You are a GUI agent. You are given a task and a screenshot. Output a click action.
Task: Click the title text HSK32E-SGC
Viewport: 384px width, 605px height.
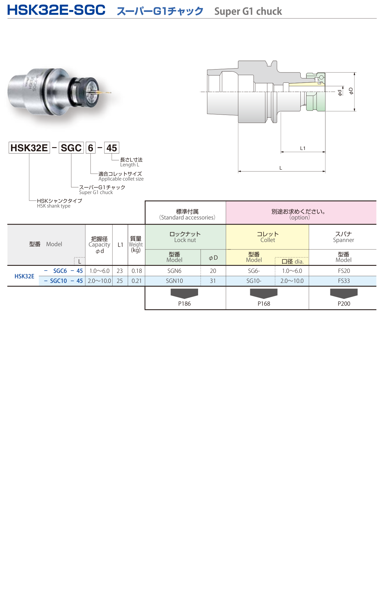[x=56, y=10]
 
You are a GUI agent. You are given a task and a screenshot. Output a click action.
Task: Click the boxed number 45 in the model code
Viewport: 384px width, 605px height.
[x=112, y=148]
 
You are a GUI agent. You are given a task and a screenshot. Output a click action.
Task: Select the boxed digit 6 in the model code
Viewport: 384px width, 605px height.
[x=91, y=148]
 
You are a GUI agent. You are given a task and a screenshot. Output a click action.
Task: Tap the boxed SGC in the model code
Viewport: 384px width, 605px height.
[x=71, y=148]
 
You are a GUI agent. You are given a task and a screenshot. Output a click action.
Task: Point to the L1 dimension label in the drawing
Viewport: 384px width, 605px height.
[x=303, y=148]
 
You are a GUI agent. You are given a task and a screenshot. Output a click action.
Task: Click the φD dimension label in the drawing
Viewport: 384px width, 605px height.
[x=351, y=91]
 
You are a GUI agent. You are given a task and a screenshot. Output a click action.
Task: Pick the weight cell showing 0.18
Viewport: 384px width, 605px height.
[x=137, y=271]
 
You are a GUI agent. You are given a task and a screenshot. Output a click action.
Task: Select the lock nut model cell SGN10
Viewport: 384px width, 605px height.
[x=174, y=281]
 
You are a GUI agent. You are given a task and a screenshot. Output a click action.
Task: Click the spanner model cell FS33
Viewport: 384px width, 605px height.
[x=344, y=281]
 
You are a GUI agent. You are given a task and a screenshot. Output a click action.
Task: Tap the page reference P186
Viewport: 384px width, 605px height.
[x=184, y=303]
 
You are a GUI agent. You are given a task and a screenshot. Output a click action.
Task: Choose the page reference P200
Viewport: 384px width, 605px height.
[x=344, y=303]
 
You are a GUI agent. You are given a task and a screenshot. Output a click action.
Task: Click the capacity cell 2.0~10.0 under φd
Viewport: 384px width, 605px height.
[x=99, y=281]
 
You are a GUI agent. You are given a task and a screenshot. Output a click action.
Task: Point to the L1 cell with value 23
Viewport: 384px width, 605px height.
[x=120, y=271]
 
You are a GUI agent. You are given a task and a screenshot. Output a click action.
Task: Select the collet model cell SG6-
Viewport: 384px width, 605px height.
[x=254, y=271]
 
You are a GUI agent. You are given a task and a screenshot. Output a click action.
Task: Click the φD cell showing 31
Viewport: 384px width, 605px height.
[x=213, y=281]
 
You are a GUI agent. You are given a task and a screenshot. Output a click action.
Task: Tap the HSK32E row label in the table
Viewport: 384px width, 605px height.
[x=24, y=276]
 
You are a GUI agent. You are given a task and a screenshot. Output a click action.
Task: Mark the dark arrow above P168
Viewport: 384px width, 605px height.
[x=264, y=293]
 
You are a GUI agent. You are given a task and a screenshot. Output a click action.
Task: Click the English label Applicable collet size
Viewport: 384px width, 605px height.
[x=121, y=179]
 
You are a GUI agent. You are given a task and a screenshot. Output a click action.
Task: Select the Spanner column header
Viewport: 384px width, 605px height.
[x=343, y=237]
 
